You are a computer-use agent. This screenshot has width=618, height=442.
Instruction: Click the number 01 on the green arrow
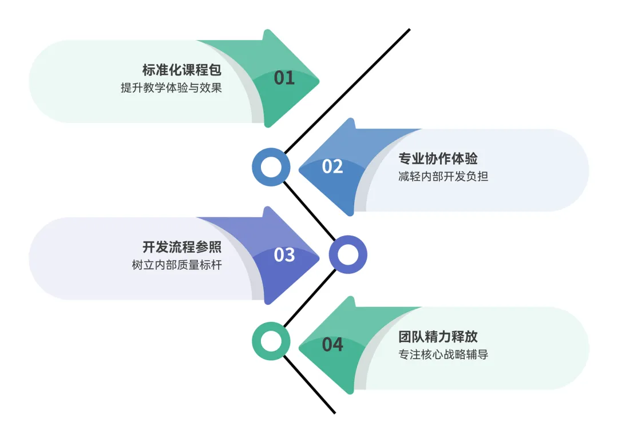(284, 77)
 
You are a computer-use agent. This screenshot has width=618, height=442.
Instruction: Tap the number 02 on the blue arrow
(332, 166)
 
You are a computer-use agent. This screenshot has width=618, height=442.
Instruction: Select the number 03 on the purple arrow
(284, 254)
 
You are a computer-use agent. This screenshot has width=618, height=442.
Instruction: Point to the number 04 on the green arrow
(332, 344)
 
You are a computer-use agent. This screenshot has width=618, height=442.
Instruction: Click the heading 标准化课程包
(181, 70)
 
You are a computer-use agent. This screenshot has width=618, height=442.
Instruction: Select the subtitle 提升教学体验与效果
(171, 88)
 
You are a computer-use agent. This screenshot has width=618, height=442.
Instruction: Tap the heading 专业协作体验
(438, 158)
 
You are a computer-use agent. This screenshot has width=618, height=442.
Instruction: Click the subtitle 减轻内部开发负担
(443, 176)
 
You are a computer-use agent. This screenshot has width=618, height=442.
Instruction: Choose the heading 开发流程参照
(181, 247)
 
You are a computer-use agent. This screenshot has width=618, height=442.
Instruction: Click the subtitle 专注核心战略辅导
(443, 354)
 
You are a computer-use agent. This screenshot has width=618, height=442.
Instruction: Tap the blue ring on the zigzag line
(271, 167)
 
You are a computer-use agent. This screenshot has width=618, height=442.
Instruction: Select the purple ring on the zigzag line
(347, 255)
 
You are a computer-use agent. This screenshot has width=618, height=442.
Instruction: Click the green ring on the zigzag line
(271, 342)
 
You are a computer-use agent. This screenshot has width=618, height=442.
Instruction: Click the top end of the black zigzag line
(409, 30)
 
